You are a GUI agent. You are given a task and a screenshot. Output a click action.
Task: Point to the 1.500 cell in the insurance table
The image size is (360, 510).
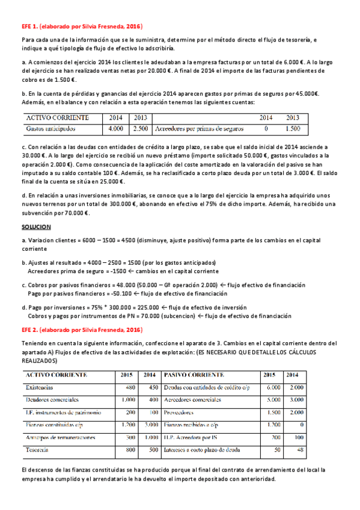pos(293,128)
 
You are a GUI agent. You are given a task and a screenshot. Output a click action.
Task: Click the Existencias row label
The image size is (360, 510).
pos(39,387)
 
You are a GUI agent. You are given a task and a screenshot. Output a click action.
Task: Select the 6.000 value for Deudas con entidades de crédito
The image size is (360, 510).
pos(273,387)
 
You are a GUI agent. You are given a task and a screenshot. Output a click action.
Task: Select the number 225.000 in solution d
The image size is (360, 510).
pos(136,307)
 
